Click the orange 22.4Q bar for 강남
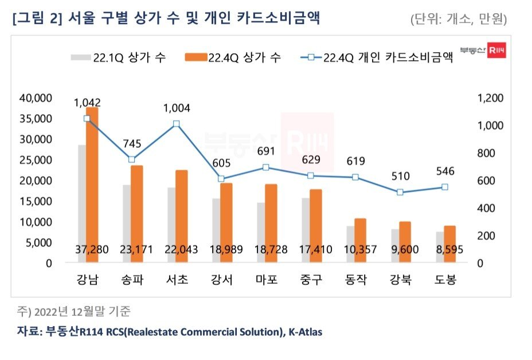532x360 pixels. point(92,178)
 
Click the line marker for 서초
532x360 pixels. point(176,124)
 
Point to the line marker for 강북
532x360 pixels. point(400,192)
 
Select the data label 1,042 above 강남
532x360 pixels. point(87,103)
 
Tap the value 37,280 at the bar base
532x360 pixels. point(87,250)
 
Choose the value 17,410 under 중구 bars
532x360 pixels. point(310,250)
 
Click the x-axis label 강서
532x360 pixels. point(221,280)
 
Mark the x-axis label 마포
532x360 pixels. point(266,280)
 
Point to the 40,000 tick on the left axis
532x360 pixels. point(36,98)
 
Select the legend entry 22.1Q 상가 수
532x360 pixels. point(119,57)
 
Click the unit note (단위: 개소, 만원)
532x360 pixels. point(459,18)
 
